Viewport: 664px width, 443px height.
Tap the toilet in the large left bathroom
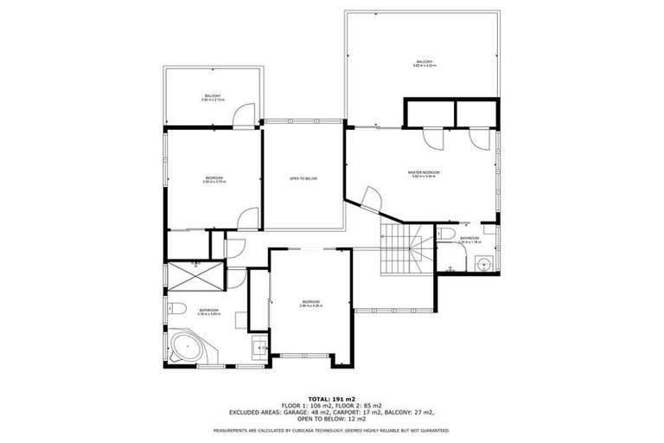178,308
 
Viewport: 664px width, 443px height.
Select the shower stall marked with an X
195,276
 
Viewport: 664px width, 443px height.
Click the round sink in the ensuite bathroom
485,265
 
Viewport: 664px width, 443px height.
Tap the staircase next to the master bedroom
405,248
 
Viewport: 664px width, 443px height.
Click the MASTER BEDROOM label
424,173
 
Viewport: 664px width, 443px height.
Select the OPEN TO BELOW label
303,179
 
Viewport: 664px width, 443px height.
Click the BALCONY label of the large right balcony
424,62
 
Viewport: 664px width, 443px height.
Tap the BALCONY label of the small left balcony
212,96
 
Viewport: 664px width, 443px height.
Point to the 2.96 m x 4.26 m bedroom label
310,303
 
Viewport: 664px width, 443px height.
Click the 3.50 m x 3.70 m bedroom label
214,180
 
